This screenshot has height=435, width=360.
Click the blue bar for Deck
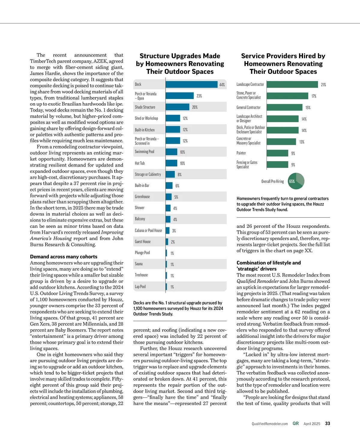pyautogui.click(x=191, y=85)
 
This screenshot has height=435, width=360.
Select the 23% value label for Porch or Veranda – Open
pyautogui.click(x=199, y=96)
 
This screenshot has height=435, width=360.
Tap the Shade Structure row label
pyautogui.click(x=145, y=107)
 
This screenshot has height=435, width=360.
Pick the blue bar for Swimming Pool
pyautogui.click(x=171, y=152)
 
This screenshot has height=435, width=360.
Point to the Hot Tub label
pyautogui.click(x=139, y=163)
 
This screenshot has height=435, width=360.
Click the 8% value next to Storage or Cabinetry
pyautogui.click(x=179, y=175)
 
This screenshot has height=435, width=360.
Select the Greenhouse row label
pyautogui.click(x=142, y=197)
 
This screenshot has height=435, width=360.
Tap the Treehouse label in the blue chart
pyautogui.click(x=141, y=275)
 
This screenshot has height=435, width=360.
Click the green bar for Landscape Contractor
pyautogui.click(x=292, y=85)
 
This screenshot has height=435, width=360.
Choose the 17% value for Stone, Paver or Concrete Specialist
pyautogui.click(x=314, y=96)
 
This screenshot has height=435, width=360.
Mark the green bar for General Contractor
pyautogui.click(x=284, y=107)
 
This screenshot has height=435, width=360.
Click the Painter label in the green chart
pyautogui.click(x=241, y=153)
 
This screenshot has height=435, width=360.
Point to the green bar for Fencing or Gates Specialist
pyautogui.click(x=277, y=164)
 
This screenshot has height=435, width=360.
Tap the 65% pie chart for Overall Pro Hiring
pyautogui.click(x=296, y=181)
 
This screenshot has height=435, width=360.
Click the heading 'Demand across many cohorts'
pyautogui.click(x=64, y=257)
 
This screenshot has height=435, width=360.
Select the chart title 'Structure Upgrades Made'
pyautogui.click(x=180, y=56)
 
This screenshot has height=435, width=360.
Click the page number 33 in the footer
pyautogui.click(x=328, y=424)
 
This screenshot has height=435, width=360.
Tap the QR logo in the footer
pyautogui.click(x=295, y=424)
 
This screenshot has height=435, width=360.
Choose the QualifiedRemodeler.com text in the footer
pyautogui.click(x=270, y=424)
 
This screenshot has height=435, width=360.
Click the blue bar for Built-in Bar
pyautogui.click(x=169, y=186)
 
